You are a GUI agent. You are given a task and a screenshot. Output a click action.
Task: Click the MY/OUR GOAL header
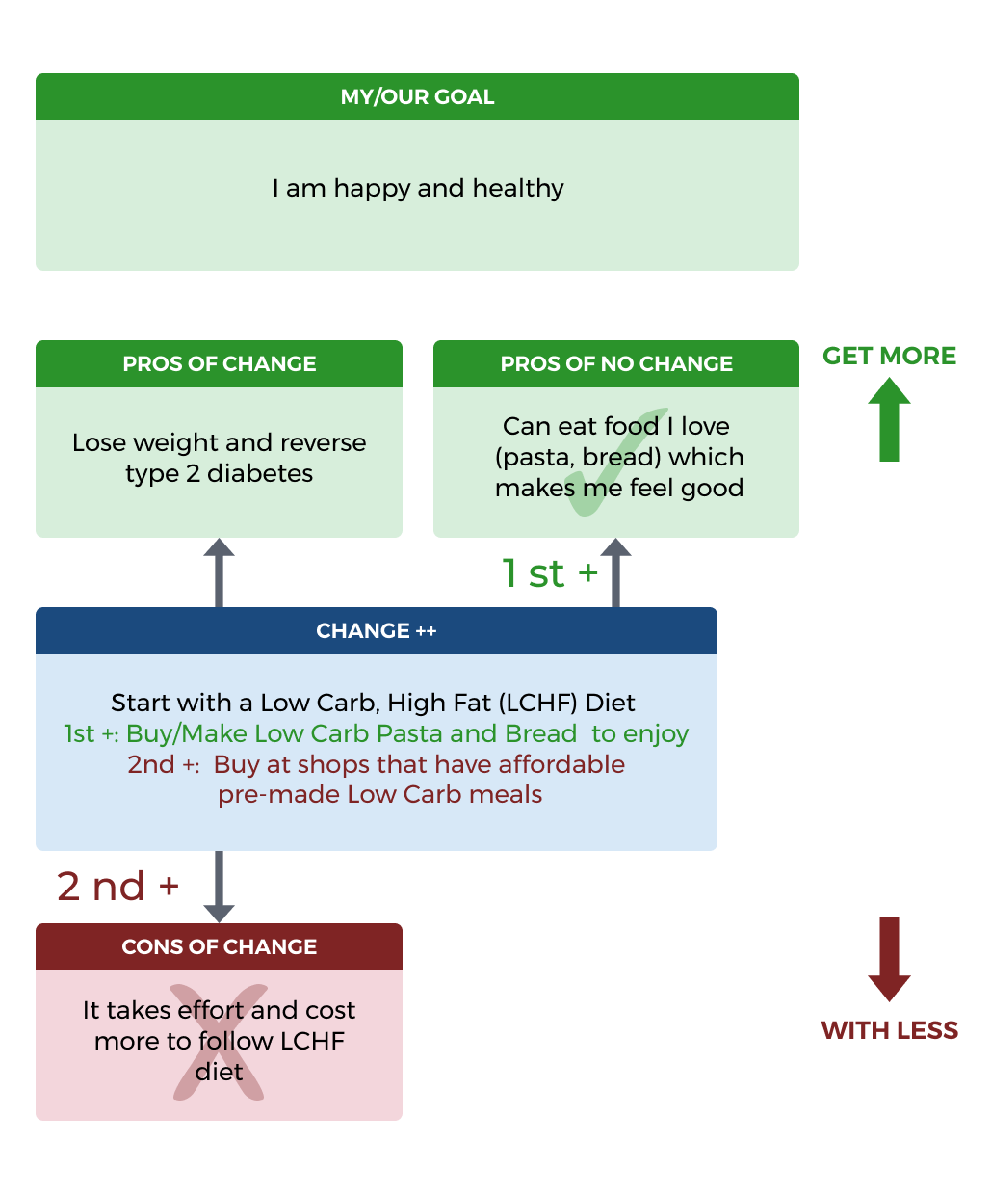coord(417,97)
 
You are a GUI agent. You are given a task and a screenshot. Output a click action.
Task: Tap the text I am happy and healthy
coord(418,188)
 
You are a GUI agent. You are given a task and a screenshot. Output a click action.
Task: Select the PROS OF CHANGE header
coord(220,364)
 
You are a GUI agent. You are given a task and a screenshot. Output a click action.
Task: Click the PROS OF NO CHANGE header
coord(616,364)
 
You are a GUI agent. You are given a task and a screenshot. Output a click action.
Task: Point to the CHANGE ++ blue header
coord(377,631)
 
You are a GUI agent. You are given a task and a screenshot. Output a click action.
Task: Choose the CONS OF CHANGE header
coord(220,947)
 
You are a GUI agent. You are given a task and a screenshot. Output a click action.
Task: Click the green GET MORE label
coord(889,356)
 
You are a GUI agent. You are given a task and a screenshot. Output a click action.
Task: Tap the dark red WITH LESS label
coord(889,1030)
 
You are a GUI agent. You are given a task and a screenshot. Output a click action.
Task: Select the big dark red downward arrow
coord(889,959)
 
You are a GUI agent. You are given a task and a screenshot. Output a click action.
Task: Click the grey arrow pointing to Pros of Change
coord(220,572)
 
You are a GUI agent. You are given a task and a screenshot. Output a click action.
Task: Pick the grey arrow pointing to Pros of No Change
coord(615,572)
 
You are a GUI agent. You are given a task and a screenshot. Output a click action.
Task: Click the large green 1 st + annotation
coord(550,573)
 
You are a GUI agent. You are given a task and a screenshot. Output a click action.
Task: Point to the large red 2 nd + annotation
coord(117,887)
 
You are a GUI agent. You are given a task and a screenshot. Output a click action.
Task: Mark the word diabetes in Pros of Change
coord(260,474)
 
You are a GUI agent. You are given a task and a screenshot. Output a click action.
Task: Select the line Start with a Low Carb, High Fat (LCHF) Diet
coord(373,703)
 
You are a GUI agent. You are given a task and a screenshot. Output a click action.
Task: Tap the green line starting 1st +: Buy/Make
coord(376,733)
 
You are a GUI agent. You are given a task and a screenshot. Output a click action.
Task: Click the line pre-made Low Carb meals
coord(379,795)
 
